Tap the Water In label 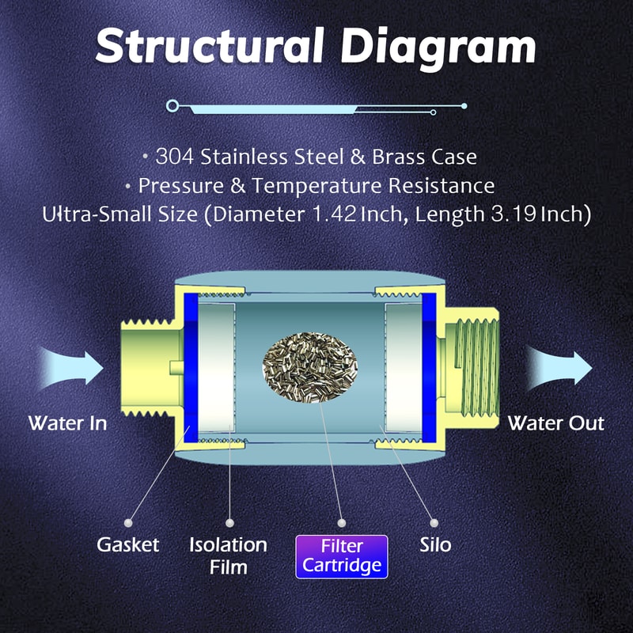pos(67,423)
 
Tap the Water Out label pos(555,423)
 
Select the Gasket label pos(128,544)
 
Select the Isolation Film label pos(229,555)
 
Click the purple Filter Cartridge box pos(342,555)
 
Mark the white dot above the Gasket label pos(128,522)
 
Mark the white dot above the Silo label pos(434,522)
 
